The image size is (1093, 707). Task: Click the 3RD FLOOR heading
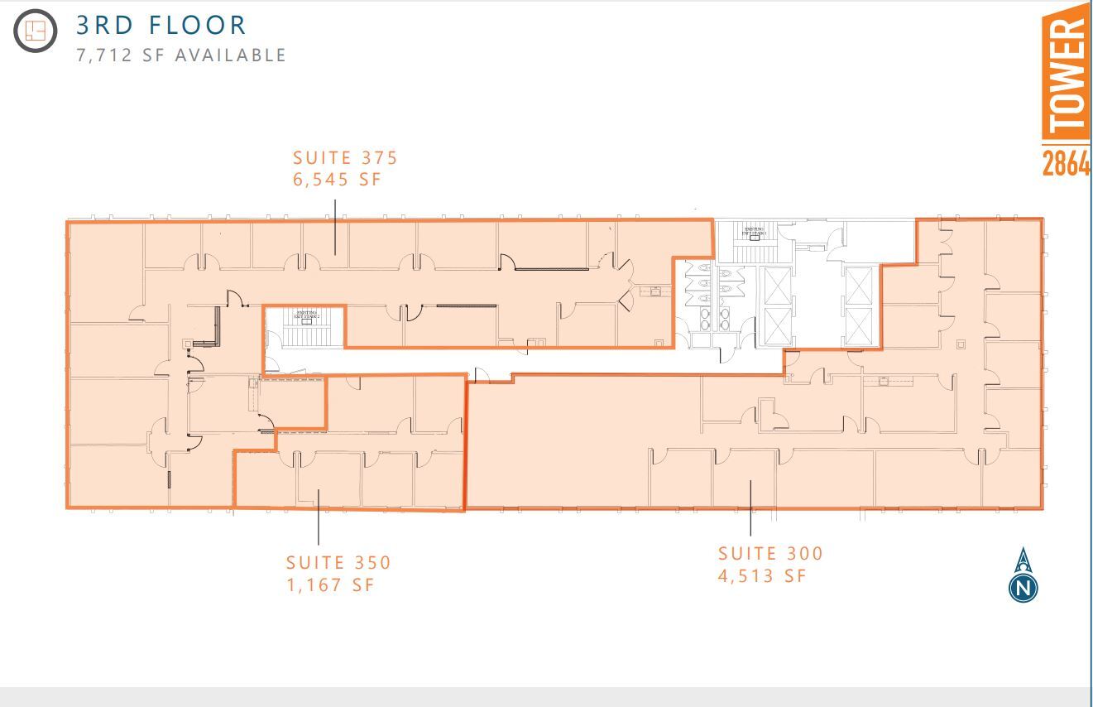[161, 25]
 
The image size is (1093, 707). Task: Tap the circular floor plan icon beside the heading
[36, 31]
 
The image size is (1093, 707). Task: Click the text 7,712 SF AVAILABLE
[181, 55]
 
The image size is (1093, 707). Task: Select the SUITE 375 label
[345, 157]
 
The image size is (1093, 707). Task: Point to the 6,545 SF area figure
[337, 179]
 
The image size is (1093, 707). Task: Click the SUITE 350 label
[338, 562]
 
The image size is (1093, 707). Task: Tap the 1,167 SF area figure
[330, 584]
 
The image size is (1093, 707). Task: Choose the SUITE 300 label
[770, 553]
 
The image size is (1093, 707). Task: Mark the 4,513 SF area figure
[761, 575]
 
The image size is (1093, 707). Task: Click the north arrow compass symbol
[1023, 575]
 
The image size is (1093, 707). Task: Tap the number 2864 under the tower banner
[1066, 163]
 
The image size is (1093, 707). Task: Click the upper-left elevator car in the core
[777, 286]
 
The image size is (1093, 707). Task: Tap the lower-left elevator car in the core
[777, 326]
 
